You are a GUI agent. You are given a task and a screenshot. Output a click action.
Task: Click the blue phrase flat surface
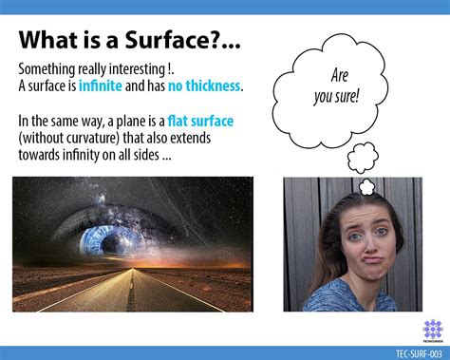tap(200, 122)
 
